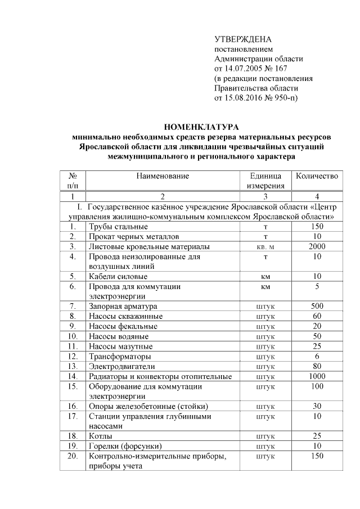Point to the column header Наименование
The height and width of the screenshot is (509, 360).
click(162, 176)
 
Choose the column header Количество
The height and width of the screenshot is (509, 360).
click(317, 176)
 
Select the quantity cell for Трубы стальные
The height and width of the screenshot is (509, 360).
click(317, 226)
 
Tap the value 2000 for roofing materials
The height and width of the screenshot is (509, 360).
click(317, 246)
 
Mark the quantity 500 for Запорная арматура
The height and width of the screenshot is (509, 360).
click(317, 306)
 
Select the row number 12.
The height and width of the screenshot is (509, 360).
click(72, 356)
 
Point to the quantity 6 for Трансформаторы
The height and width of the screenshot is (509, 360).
click(317, 356)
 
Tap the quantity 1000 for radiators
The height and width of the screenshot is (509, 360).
click(317, 376)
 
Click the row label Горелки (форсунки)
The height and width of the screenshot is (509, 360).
click(123, 446)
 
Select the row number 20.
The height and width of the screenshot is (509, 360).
click(72, 456)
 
